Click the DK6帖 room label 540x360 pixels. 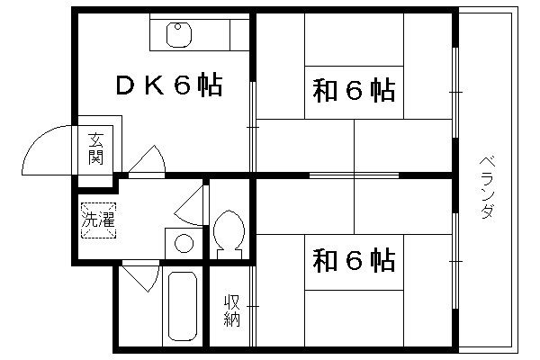tap(169, 85)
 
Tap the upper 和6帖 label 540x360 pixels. tap(354, 91)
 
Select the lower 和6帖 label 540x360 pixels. tap(354, 260)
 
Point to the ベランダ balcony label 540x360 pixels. tap(488, 188)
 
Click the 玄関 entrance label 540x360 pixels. tap(95, 148)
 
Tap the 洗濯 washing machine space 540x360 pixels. tap(98, 220)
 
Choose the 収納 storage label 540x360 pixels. tap(232, 310)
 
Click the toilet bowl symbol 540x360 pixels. tap(229, 234)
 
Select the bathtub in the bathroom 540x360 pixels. tap(183, 306)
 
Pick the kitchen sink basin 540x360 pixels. tap(179, 35)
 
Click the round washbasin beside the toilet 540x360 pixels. tap(184, 243)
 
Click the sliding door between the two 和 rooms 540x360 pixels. tap(354, 175)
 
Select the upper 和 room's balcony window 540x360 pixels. tap(455, 93)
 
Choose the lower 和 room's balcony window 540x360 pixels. tap(455, 261)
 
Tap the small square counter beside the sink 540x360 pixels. tap(239, 35)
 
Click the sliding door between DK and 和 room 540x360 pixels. tap(253, 127)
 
